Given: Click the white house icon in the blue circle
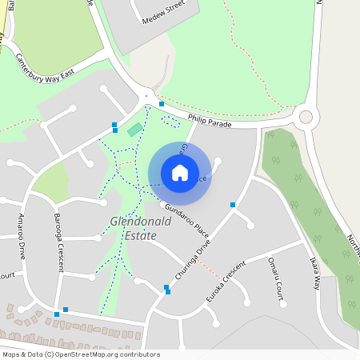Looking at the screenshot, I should pyautogui.click(x=180, y=172).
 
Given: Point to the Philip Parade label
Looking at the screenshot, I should pyautogui.click(x=210, y=122).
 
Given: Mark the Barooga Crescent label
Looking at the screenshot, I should pyautogui.click(x=58, y=241).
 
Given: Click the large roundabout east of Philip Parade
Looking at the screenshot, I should pyautogui.click(x=305, y=118).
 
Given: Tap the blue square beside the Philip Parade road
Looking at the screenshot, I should pyautogui.click(x=162, y=104).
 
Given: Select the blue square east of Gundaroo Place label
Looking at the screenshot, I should pyautogui.click(x=233, y=206).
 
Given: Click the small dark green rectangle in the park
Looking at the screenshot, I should pyautogui.click(x=135, y=129).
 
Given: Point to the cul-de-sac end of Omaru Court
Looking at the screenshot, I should pyautogui.click(x=280, y=303).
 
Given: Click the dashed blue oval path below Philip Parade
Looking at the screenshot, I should pyautogui.click(x=170, y=121).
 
